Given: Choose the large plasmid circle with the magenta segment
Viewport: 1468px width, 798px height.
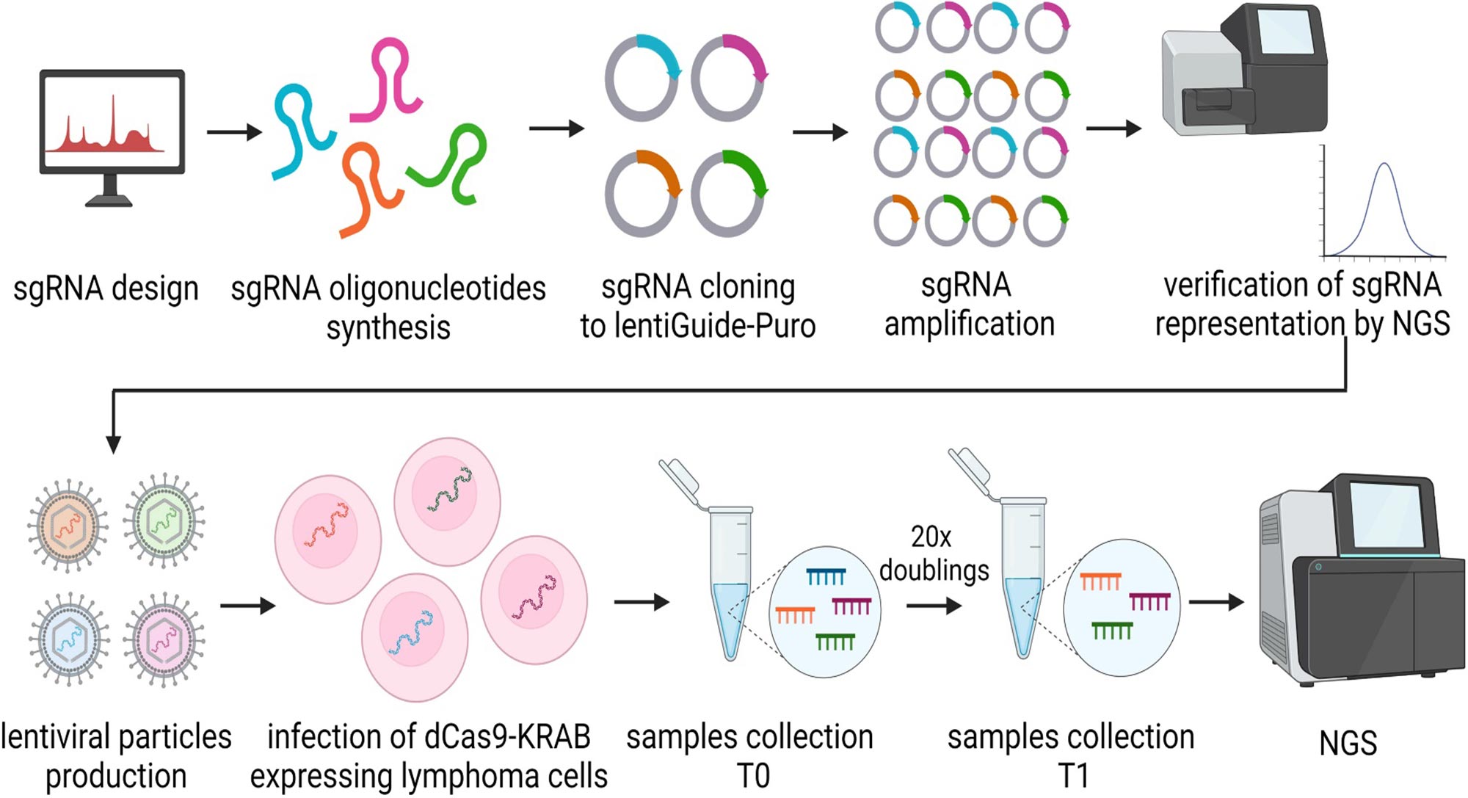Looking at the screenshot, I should [729, 77].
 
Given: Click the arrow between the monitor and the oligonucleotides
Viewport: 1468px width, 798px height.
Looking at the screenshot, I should [233, 132].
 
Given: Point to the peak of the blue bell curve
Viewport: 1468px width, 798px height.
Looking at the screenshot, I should [1384, 164].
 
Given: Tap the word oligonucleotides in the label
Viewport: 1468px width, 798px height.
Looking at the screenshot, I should [437, 289].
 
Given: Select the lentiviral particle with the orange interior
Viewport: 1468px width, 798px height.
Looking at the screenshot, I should [68, 524].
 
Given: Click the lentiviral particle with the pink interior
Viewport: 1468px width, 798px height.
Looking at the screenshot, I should [164, 639].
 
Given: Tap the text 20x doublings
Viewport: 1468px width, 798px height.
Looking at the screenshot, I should [933, 554].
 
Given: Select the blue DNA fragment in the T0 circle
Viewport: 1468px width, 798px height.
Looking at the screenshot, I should [826, 577].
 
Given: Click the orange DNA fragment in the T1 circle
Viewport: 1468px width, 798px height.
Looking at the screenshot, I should [1100, 581].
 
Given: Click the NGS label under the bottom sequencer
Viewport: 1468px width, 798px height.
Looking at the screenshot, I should [1348, 744].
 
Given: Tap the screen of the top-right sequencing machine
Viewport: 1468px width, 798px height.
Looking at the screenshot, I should [1284, 32].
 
